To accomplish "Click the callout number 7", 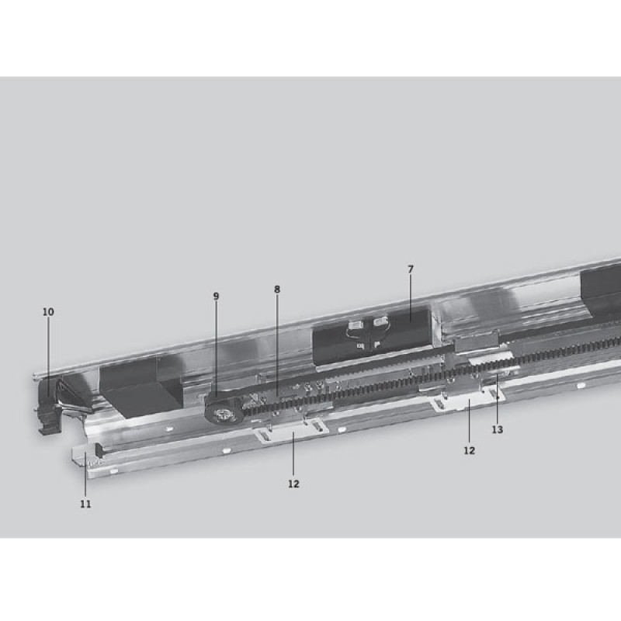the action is [x=411, y=269].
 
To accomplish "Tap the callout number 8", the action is [x=277, y=290].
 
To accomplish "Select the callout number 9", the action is [x=216, y=297].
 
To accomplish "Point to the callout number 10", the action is [x=48, y=312].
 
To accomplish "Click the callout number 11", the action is [x=85, y=504].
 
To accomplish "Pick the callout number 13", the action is [x=498, y=429].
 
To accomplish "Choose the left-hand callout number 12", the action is [x=293, y=484].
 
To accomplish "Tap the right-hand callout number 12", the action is [x=470, y=451].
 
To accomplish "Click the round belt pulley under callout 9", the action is [x=221, y=410].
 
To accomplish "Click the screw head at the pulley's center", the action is [x=220, y=415].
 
